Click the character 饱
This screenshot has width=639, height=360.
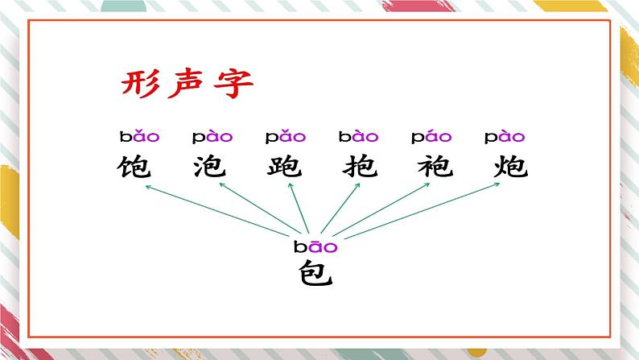pyautogui.click(x=136, y=167)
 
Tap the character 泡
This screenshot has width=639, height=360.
pyautogui.click(x=211, y=167)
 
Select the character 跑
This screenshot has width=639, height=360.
pyautogui.click(x=284, y=167)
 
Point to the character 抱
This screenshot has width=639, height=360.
pyautogui.click(x=357, y=167)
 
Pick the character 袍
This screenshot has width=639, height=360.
pyautogui.click(x=431, y=167)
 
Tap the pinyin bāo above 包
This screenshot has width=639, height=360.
pyautogui.click(x=315, y=247)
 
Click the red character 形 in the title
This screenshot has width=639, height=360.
pyautogui.click(x=140, y=83)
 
